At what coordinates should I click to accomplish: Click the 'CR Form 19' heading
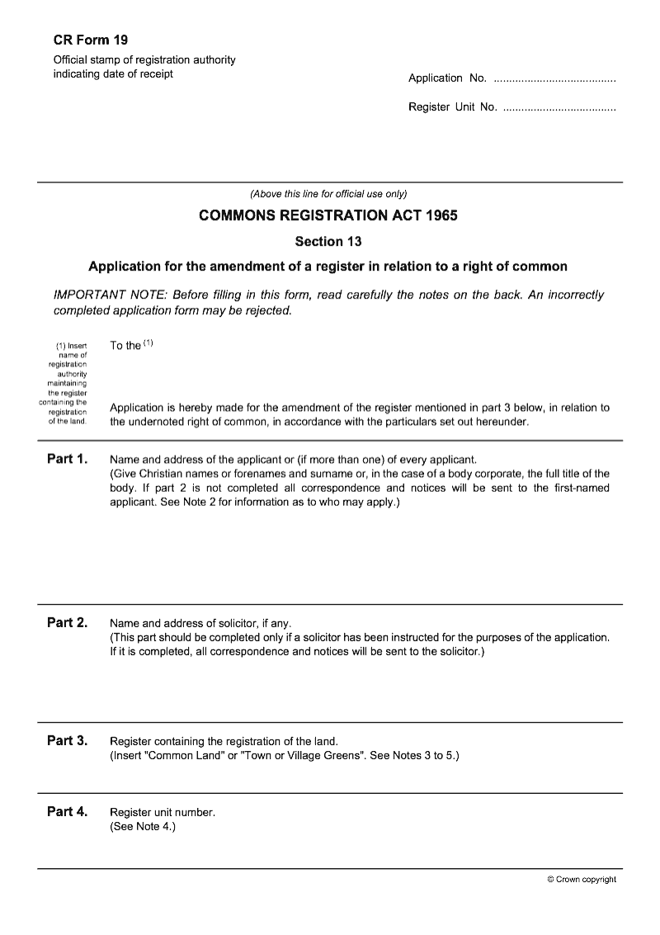pyautogui.click(x=91, y=39)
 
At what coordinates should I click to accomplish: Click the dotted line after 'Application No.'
pyautogui.click(x=554, y=79)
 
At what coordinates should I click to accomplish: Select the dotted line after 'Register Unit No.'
pyautogui.click(x=559, y=108)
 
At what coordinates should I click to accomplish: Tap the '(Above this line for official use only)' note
pyautogui.click(x=328, y=195)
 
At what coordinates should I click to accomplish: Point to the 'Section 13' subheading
pyautogui.click(x=328, y=242)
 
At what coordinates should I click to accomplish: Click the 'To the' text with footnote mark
pyautogui.click(x=130, y=346)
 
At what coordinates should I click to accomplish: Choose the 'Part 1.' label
pyautogui.click(x=67, y=459)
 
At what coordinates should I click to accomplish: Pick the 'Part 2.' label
pyautogui.click(x=67, y=623)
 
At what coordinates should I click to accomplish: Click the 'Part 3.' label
pyautogui.click(x=67, y=741)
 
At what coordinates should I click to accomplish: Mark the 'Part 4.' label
pyautogui.click(x=67, y=812)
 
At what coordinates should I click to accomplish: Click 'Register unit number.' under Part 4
pyautogui.click(x=163, y=813)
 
